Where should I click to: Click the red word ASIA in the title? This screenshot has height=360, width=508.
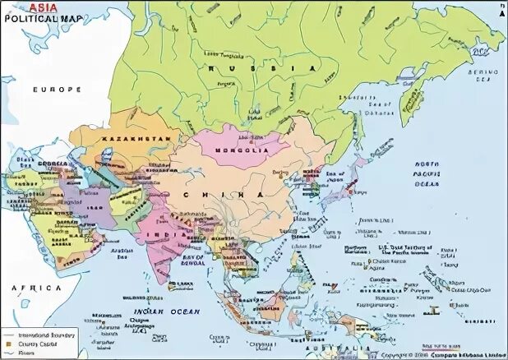[45, 6]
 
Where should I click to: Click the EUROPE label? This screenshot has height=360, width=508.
[58, 89]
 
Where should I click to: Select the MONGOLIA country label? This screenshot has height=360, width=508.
[243, 151]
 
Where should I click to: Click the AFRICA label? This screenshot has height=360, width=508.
[36, 288]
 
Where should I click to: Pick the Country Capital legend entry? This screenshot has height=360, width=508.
[38, 344]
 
